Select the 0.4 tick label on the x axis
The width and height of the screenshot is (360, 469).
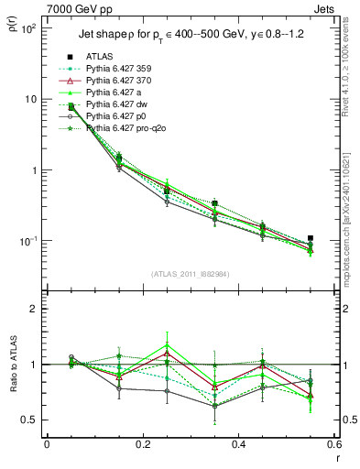[x=239, y=443]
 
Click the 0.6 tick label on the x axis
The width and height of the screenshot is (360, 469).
[x=335, y=443]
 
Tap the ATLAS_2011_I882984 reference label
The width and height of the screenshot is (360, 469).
[x=191, y=274]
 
